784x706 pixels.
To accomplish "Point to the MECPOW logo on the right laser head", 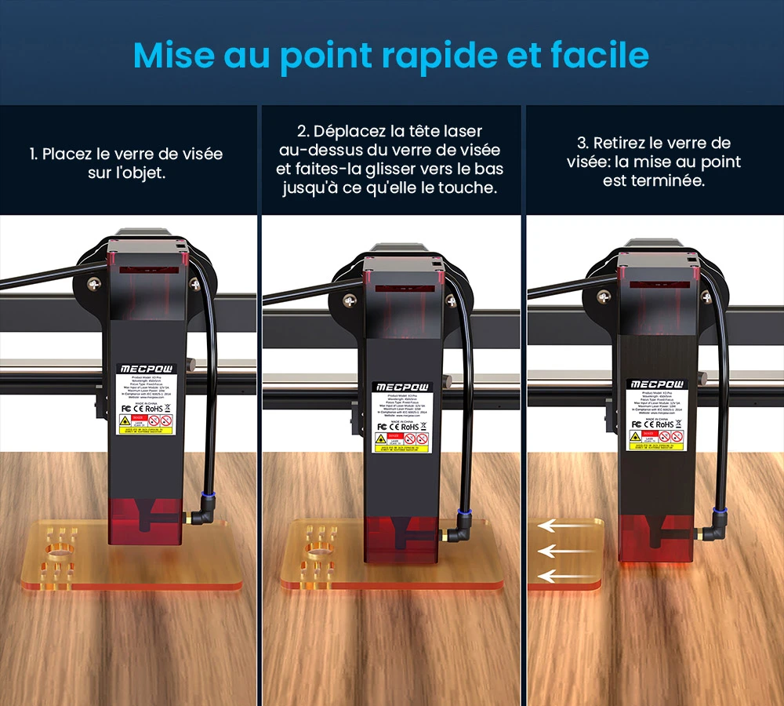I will [655, 384].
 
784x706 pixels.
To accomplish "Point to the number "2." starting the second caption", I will [303, 131].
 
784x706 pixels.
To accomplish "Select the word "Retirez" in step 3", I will [623, 143].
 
